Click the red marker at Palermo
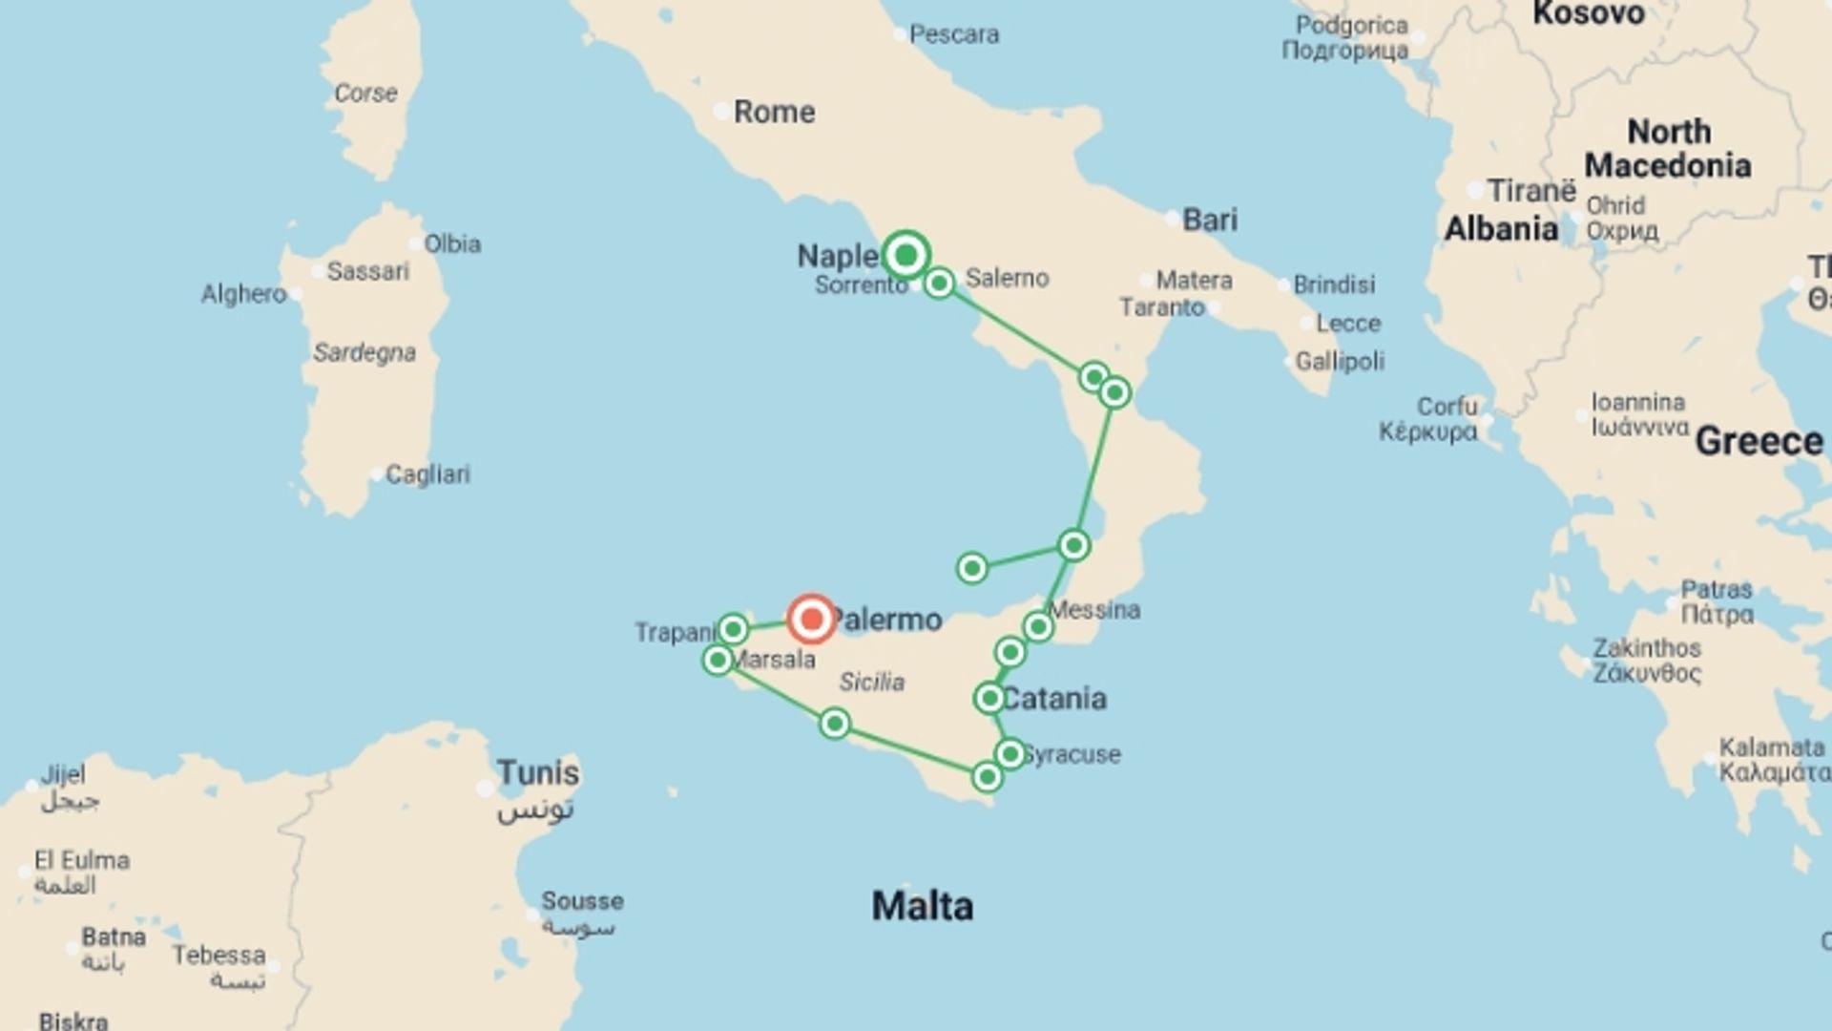(812, 619)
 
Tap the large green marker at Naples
(906, 255)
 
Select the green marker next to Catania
(989, 699)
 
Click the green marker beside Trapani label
(733, 629)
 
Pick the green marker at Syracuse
(1010, 754)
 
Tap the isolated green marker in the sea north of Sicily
(971, 569)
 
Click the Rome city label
(774, 112)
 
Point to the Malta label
(922, 906)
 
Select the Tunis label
(538, 772)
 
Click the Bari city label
(1210, 220)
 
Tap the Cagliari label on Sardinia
(427, 474)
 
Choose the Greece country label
(1759, 441)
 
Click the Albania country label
(1501, 229)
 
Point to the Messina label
(1094, 609)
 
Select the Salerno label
(1007, 278)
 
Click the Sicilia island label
(872, 682)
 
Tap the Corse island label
(365, 93)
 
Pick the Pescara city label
(954, 34)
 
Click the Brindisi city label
(1334, 284)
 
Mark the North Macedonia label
(1668, 148)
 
